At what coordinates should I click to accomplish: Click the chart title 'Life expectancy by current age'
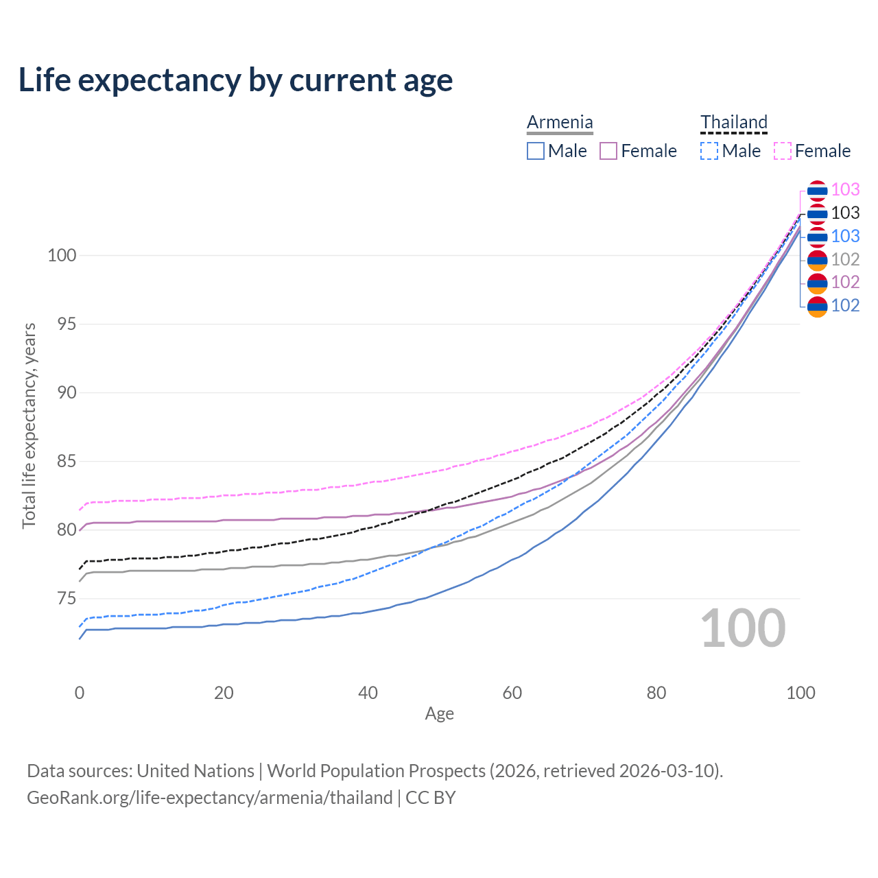click(x=235, y=80)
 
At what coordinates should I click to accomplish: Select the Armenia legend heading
click(x=560, y=122)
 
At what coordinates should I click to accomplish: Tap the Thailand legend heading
click(x=733, y=122)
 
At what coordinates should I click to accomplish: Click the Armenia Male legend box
click(x=536, y=151)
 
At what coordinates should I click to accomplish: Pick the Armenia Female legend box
click(x=608, y=151)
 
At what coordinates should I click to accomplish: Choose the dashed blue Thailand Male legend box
click(x=709, y=151)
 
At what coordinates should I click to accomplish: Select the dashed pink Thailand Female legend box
click(x=783, y=151)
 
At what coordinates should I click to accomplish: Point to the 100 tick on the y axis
click(x=61, y=256)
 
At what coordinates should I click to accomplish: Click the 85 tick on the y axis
click(x=66, y=462)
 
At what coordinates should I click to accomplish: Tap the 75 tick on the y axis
click(x=66, y=599)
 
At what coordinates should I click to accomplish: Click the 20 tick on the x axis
click(x=224, y=693)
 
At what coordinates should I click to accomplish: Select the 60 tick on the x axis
click(x=512, y=693)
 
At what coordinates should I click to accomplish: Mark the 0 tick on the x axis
click(x=80, y=693)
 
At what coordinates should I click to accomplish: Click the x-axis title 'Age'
click(x=439, y=714)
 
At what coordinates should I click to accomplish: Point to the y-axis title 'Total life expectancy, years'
click(x=29, y=426)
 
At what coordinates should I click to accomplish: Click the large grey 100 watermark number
click(x=742, y=628)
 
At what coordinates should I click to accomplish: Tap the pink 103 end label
click(x=845, y=190)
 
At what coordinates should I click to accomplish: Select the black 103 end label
click(x=845, y=213)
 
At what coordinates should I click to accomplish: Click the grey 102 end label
click(x=845, y=259)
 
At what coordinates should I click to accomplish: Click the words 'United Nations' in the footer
click(x=195, y=771)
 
